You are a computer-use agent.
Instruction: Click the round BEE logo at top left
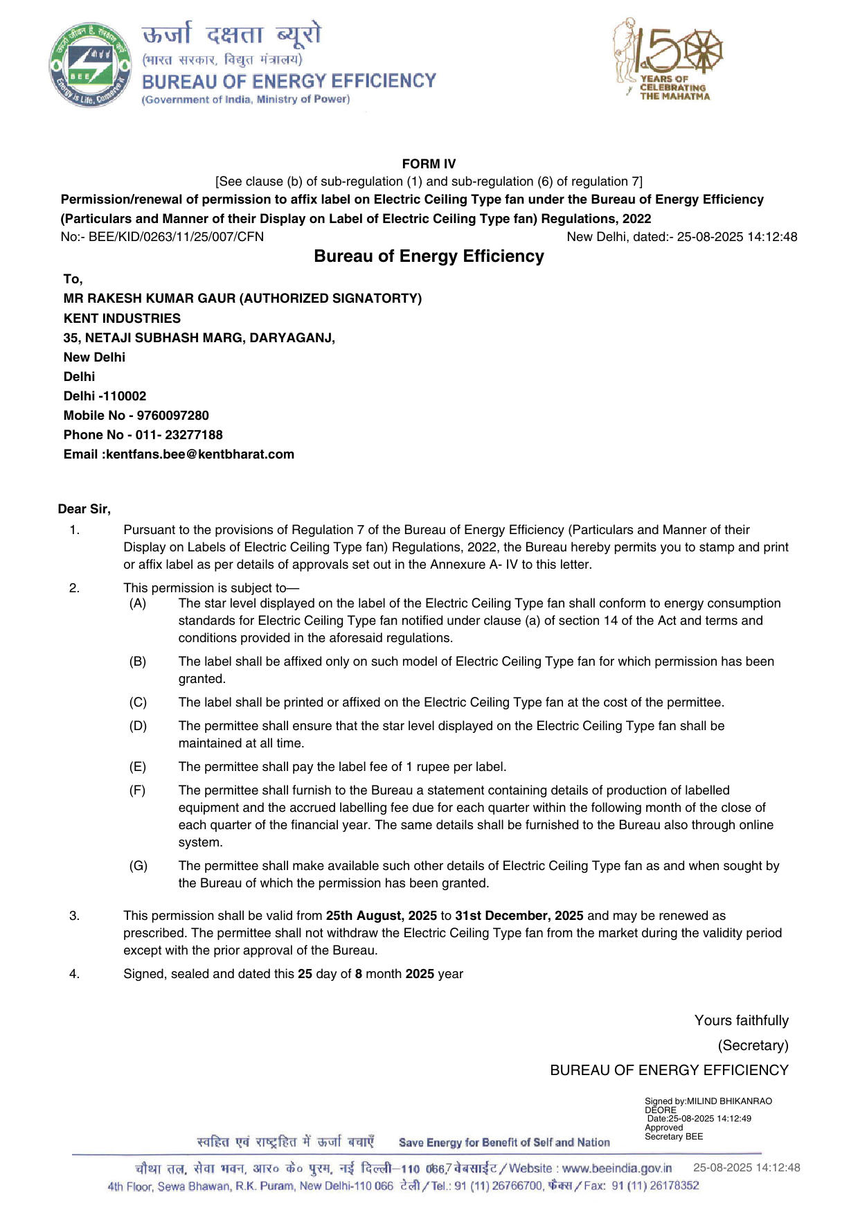(x=89, y=65)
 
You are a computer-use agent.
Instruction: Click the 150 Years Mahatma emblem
(x=668, y=60)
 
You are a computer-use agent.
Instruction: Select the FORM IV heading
(x=429, y=164)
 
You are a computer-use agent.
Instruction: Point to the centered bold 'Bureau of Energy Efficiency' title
(x=429, y=256)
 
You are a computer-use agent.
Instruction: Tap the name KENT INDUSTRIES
(x=122, y=319)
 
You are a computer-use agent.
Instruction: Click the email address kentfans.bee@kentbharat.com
(x=200, y=454)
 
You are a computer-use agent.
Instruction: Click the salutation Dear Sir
(x=84, y=509)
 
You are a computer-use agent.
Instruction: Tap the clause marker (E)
(x=138, y=767)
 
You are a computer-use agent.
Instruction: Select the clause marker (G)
(x=138, y=866)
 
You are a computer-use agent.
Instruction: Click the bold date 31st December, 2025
(x=519, y=916)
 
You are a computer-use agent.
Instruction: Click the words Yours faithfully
(x=741, y=1020)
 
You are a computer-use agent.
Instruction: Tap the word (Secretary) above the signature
(x=753, y=1045)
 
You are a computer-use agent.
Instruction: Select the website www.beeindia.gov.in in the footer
(x=616, y=1169)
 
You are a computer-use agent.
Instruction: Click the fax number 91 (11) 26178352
(x=655, y=1186)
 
